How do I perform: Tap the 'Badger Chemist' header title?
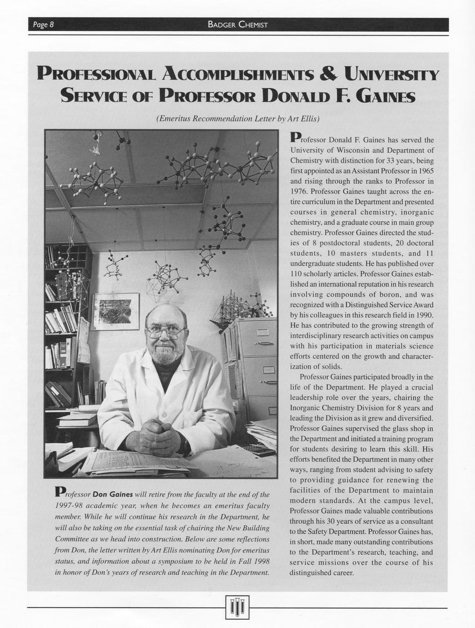point(237,25)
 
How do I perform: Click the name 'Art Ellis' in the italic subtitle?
point(305,119)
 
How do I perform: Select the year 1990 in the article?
point(424,315)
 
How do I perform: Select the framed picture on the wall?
point(116,310)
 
